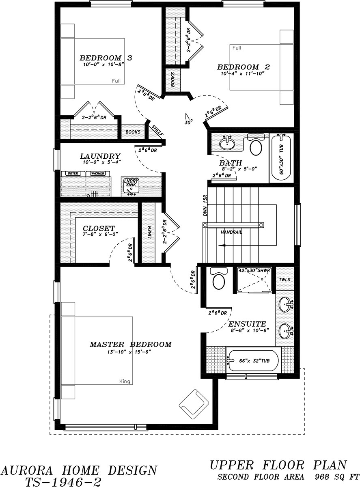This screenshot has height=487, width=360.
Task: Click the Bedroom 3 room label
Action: click(x=100, y=58)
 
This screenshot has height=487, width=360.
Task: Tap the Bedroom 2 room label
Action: click(x=244, y=67)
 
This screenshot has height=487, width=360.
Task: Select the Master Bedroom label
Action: click(x=130, y=345)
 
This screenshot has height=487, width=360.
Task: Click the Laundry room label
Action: click(x=100, y=156)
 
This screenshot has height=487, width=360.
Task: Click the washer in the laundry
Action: click(x=97, y=173)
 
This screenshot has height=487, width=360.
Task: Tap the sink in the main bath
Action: click(x=227, y=143)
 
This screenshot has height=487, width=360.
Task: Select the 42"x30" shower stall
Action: click(x=254, y=279)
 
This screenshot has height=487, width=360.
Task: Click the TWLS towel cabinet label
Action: click(x=285, y=280)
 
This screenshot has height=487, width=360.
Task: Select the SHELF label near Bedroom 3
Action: click(x=156, y=130)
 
